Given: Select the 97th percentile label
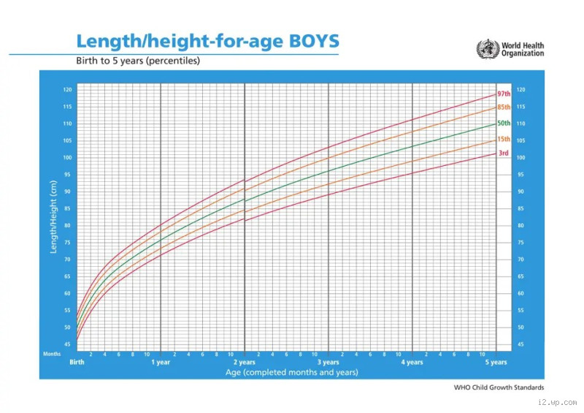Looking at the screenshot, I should (x=504, y=94).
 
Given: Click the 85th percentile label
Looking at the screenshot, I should (x=504, y=107).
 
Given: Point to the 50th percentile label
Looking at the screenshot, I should (x=504, y=124).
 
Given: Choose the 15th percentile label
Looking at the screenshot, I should (x=504, y=139).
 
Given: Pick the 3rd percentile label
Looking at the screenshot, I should (x=504, y=153).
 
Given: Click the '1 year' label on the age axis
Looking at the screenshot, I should (x=161, y=363).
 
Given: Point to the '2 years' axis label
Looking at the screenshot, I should (x=245, y=363).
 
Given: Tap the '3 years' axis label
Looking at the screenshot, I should (x=328, y=363).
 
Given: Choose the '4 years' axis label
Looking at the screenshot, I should (x=412, y=363).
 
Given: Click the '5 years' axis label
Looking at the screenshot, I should (x=496, y=363).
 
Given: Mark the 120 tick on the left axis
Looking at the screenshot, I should (x=67, y=90).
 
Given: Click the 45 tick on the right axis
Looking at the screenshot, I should (x=520, y=344).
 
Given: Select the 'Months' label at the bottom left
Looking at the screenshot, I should (x=52, y=354).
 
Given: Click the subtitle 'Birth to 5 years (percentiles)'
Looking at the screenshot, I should (x=138, y=61).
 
